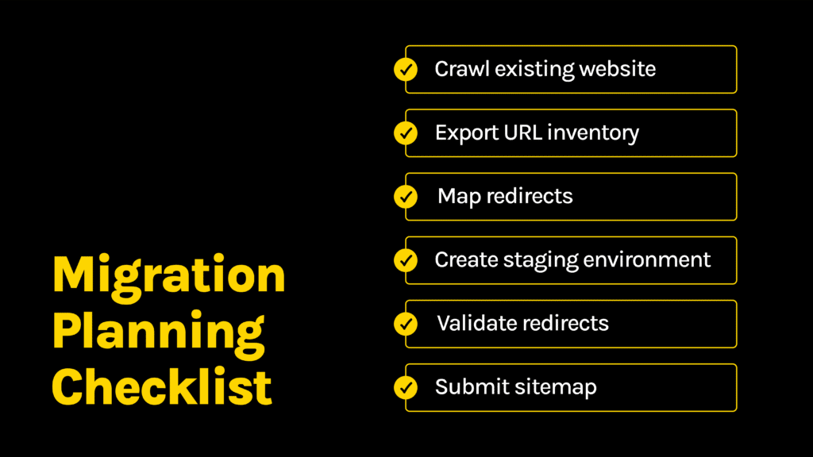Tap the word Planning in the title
pyautogui.click(x=159, y=332)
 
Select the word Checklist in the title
pyautogui.click(x=163, y=387)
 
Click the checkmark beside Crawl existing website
pyautogui.click(x=406, y=70)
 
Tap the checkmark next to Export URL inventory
pyautogui.click(x=406, y=133)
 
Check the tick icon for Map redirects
pyautogui.click(x=406, y=197)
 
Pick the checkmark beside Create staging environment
pyautogui.click(x=406, y=260)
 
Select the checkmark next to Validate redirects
pyautogui.click(x=406, y=324)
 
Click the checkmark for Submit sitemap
pyautogui.click(x=406, y=387)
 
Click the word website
pyautogui.click(x=617, y=69)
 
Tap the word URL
pyautogui.click(x=519, y=132)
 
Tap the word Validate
pyautogui.click(x=475, y=323)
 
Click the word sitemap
pyautogui.click(x=557, y=387)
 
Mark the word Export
pyautogui.click(x=464, y=133)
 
